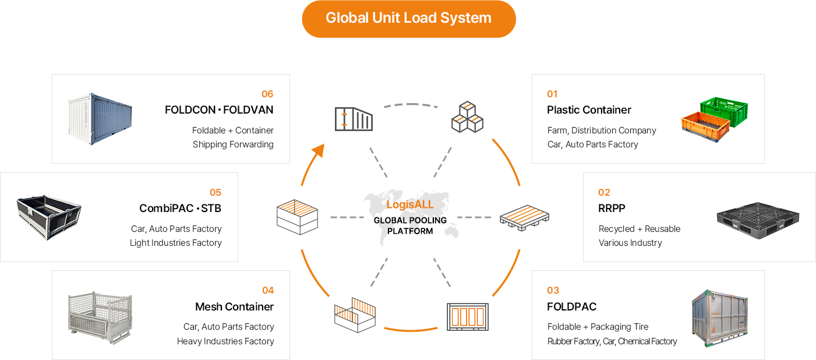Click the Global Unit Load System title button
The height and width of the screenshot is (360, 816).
click(408, 18)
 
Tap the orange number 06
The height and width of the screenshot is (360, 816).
click(267, 94)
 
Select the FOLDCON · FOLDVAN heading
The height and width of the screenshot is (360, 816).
click(219, 110)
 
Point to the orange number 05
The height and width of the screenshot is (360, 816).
click(216, 192)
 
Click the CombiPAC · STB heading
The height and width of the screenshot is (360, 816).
click(180, 208)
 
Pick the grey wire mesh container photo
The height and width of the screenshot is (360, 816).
click(100, 315)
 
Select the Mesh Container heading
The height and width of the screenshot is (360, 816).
click(234, 306)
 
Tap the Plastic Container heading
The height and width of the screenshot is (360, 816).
click(589, 110)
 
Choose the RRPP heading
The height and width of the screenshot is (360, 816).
click(612, 208)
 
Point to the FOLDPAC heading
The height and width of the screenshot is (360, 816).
click(571, 306)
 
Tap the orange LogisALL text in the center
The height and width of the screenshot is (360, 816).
click(410, 205)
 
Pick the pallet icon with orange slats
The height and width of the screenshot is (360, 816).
click(524, 218)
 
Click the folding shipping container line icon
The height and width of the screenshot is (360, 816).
click(354, 119)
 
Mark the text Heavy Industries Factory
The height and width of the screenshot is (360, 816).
click(225, 341)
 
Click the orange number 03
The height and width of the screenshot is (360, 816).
click(553, 290)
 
